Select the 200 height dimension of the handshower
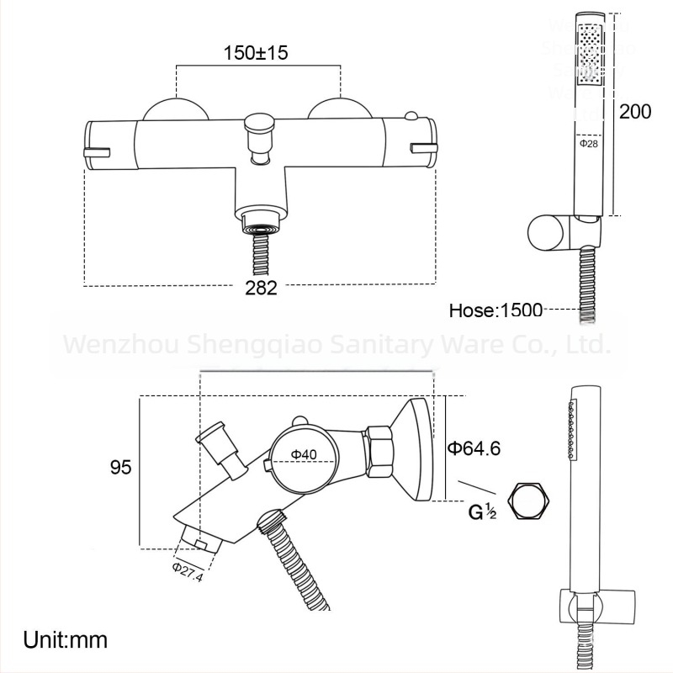coord(635,111)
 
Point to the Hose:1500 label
coord(495,310)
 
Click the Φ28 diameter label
coord(588,144)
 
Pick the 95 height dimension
coord(121,468)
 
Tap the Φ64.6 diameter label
coord(474,448)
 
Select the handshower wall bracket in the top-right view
coord(556,232)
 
